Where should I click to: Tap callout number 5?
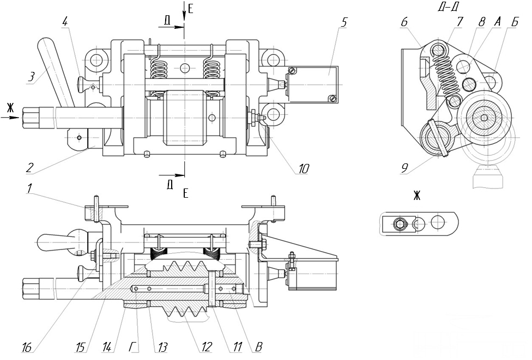click(x=344, y=23)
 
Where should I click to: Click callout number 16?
click(x=26, y=347)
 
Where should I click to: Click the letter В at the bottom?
click(x=250, y=347)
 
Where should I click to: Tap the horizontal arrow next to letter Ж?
click(x=15, y=116)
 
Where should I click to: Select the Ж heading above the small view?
click(x=417, y=196)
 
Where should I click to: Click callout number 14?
click(x=107, y=347)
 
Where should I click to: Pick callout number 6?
click(x=404, y=22)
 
